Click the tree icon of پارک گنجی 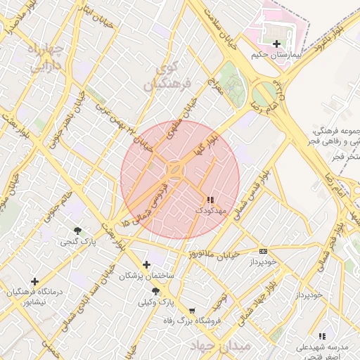pos(77,231)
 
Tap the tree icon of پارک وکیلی pos(155,291)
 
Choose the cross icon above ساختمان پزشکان pos(146,264)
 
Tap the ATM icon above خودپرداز pos(263,251)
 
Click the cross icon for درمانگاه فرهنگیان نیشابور pos(34,281)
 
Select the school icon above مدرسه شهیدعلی pos(322,336)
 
